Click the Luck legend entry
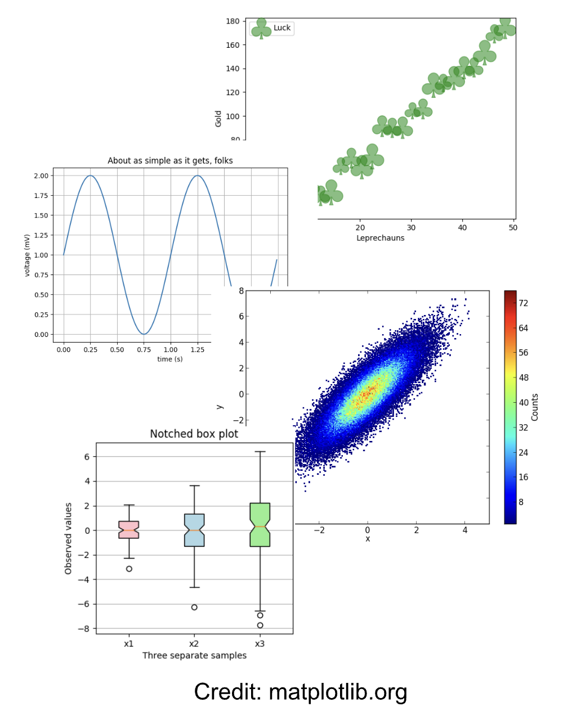281,28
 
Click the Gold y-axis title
218,118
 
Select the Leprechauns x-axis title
380,238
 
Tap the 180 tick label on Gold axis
233,21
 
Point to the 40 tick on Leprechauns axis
462,228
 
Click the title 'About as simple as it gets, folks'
170,161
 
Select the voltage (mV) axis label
27,255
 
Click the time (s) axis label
169,359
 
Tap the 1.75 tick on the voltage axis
41,196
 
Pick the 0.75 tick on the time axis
144,350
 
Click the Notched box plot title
194,434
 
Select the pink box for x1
129,529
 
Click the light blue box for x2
194,530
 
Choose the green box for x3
260,524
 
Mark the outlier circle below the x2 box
194,607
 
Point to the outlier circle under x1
129,569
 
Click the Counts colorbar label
535,407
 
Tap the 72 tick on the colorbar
523,303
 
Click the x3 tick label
260,644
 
